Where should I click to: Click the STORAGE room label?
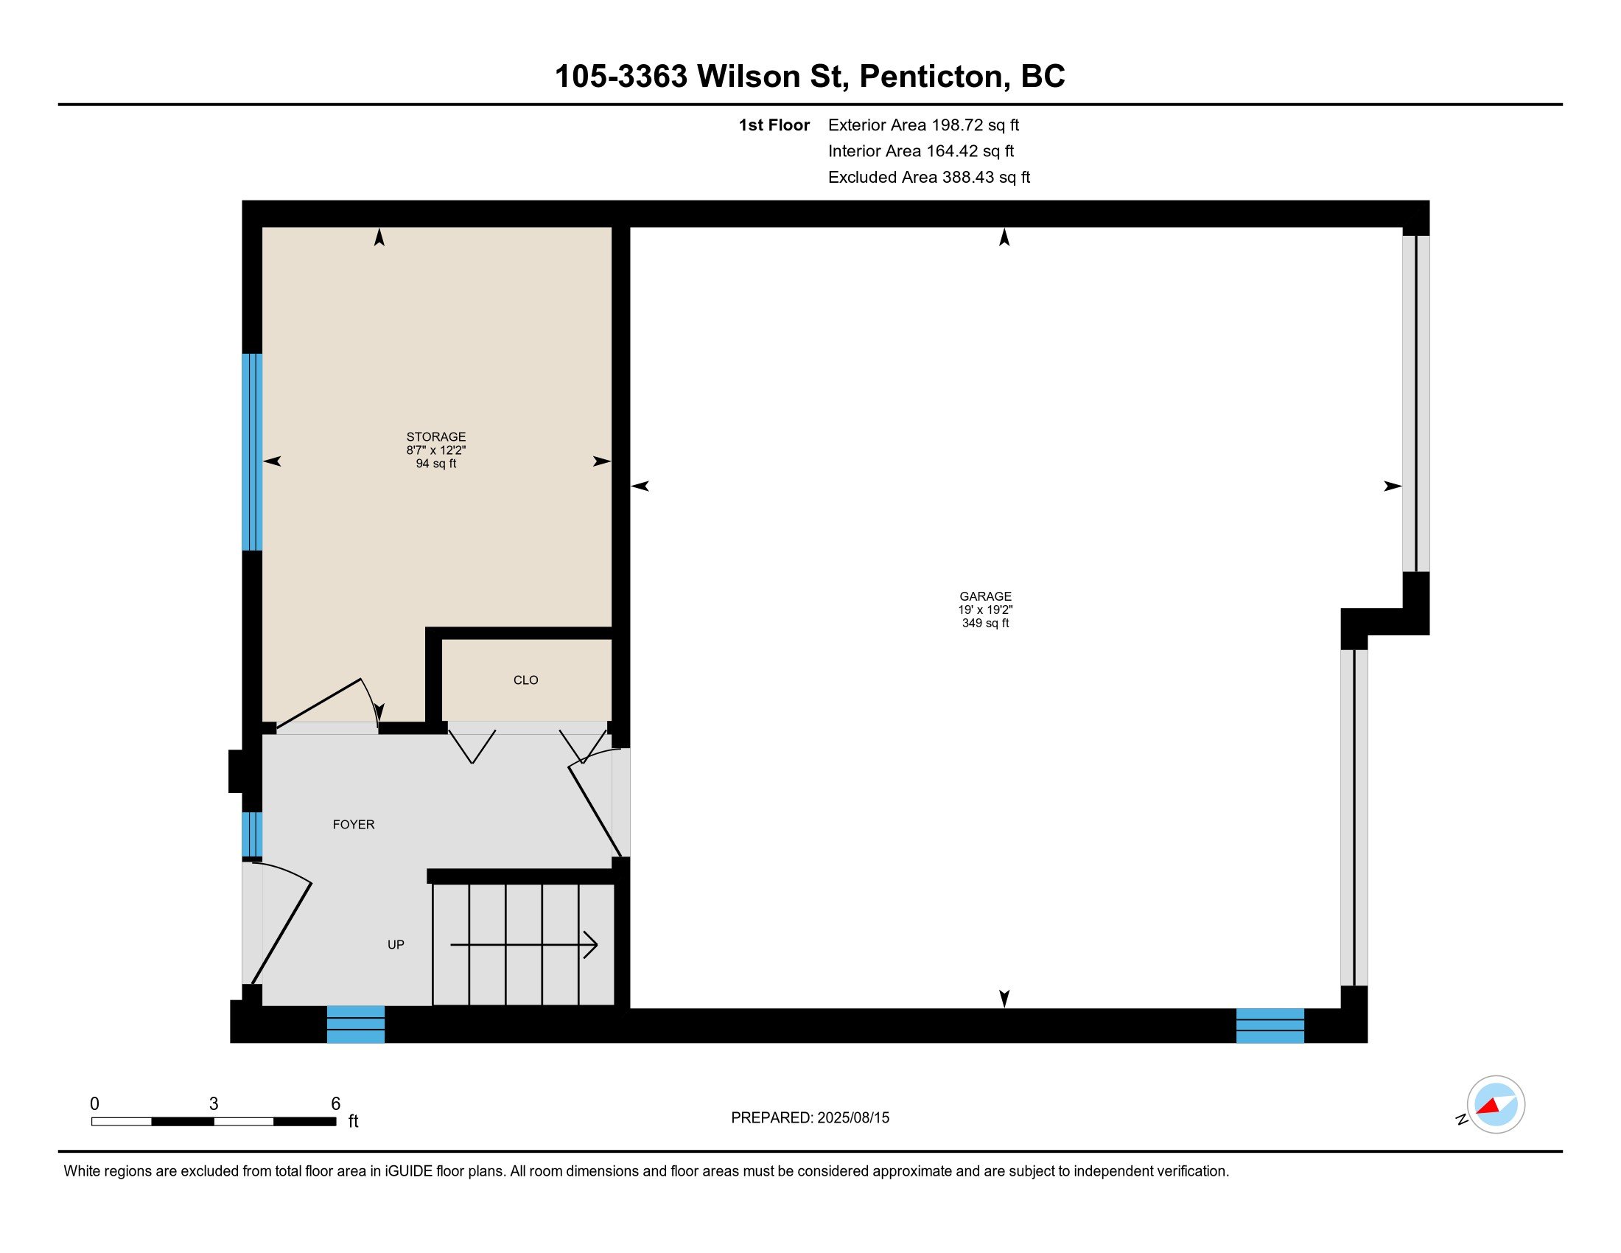pyautogui.click(x=435, y=436)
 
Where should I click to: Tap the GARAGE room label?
pyautogui.click(x=985, y=596)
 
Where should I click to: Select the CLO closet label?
pyautogui.click(x=525, y=680)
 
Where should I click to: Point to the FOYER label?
pyautogui.click(x=353, y=824)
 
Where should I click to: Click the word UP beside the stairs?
pyautogui.click(x=396, y=944)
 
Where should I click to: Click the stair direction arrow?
pyautogui.click(x=524, y=945)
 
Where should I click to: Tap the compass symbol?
pyautogui.click(x=1495, y=1104)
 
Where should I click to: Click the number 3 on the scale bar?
pyautogui.click(x=214, y=1104)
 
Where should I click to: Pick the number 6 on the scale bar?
pyautogui.click(x=335, y=1104)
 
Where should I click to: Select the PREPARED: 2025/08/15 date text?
pyautogui.click(x=810, y=1117)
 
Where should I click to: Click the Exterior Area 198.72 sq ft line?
pyautogui.click(x=923, y=125)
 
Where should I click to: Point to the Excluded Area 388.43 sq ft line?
pyautogui.click(x=929, y=177)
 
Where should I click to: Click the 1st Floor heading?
pyautogui.click(x=774, y=125)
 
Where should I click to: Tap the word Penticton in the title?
pyautogui.click(x=931, y=77)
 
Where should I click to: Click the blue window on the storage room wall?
pyautogui.click(x=252, y=452)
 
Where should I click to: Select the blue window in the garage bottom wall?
pyautogui.click(x=1270, y=1025)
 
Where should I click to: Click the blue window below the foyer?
pyautogui.click(x=356, y=1025)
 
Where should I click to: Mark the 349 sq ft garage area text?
pyautogui.click(x=985, y=624)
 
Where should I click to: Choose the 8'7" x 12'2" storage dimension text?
pyautogui.click(x=435, y=450)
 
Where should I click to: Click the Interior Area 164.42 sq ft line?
pyautogui.click(x=921, y=150)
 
